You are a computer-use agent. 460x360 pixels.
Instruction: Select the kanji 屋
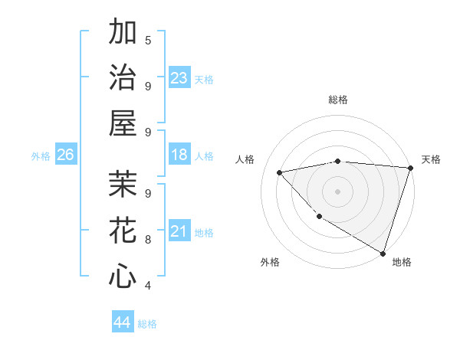[x=123, y=122]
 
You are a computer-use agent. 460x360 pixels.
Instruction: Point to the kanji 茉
[x=123, y=184]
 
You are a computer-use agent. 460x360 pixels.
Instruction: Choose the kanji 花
[x=123, y=229]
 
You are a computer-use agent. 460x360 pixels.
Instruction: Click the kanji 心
[x=123, y=275]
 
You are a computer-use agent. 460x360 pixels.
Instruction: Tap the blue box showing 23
[x=179, y=77]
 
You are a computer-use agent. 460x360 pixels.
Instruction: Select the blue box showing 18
[x=179, y=155]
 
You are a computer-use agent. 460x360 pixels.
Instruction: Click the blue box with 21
[x=179, y=231]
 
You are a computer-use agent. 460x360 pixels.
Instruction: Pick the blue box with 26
[x=66, y=155]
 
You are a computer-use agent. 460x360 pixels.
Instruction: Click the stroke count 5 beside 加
[x=148, y=40]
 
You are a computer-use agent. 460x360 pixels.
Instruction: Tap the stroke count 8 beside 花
[x=148, y=239]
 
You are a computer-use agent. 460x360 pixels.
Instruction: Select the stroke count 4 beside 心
[x=148, y=285]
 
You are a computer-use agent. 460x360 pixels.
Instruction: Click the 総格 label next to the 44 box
[x=147, y=324]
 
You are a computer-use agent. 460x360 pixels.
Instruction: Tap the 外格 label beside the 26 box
[x=41, y=156]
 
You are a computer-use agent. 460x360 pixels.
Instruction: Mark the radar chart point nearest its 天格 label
[x=410, y=168]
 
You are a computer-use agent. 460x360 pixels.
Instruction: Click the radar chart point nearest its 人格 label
[x=280, y=172]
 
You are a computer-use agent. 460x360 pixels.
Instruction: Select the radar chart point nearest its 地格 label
[x=382, y=252]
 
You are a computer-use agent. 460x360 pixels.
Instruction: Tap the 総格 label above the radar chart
[x=338, y=100]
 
